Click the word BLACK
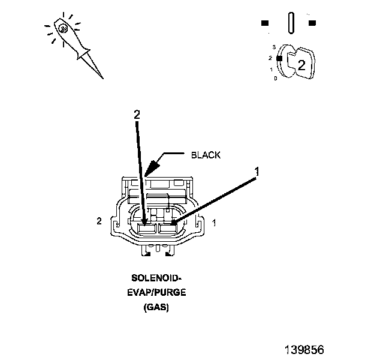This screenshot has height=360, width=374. click(x=206, y=155)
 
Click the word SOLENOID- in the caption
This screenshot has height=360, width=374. click(x=156, y=278)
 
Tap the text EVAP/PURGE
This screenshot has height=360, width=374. click(x=156, y=292)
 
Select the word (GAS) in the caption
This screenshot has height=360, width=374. click(x=156, y=307)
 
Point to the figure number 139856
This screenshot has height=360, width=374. click(x=304, y=350)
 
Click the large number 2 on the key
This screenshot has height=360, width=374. click(x=301, y=65)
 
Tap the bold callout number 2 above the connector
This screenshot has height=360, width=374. click(x=137, y=115)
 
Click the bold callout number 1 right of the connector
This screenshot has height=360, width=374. click(x=257, y=172)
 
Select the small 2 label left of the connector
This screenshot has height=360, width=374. click(x=99, y=221)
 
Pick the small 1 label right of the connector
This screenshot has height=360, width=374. click(x=214, y=223)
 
